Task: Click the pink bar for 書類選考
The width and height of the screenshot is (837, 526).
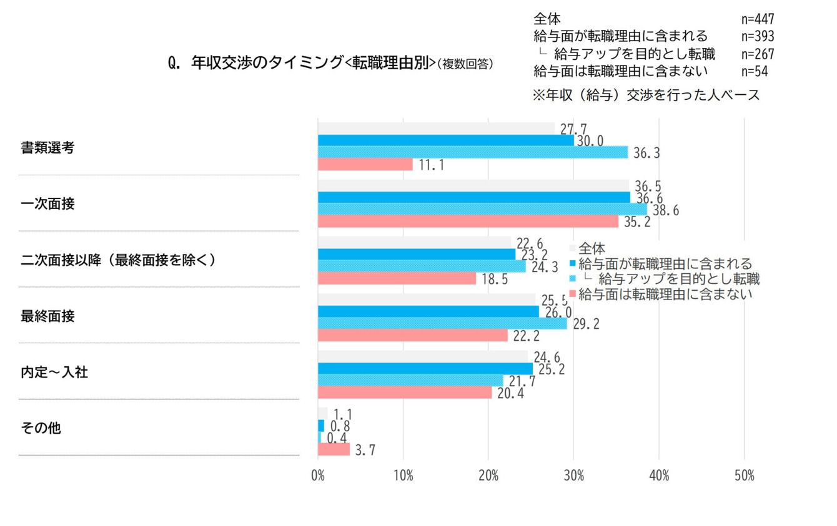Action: coord(365,165)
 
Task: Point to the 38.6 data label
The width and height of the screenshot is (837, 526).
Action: coord(665,211)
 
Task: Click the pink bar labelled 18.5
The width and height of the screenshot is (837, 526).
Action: coord(397,279)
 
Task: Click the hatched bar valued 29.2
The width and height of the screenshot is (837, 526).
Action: coord(442,324)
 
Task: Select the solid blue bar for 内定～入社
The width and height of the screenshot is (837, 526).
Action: coord(425,369)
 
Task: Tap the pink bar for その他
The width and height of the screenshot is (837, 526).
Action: coord(334,449)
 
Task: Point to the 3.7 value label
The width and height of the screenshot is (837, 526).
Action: coord(365,450)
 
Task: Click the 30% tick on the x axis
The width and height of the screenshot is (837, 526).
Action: coord(573,476)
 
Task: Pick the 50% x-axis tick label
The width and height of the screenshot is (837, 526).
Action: coord(744,476)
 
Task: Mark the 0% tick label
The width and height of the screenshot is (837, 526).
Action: coord(318,476)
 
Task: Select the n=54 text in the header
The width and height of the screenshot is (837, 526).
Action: coord(754,71)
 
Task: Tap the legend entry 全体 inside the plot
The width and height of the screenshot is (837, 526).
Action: coord(591,248)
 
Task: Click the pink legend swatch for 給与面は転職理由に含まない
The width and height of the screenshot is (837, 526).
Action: coord(573,293)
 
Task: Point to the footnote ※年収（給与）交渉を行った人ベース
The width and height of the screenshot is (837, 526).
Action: coord(646,95)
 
